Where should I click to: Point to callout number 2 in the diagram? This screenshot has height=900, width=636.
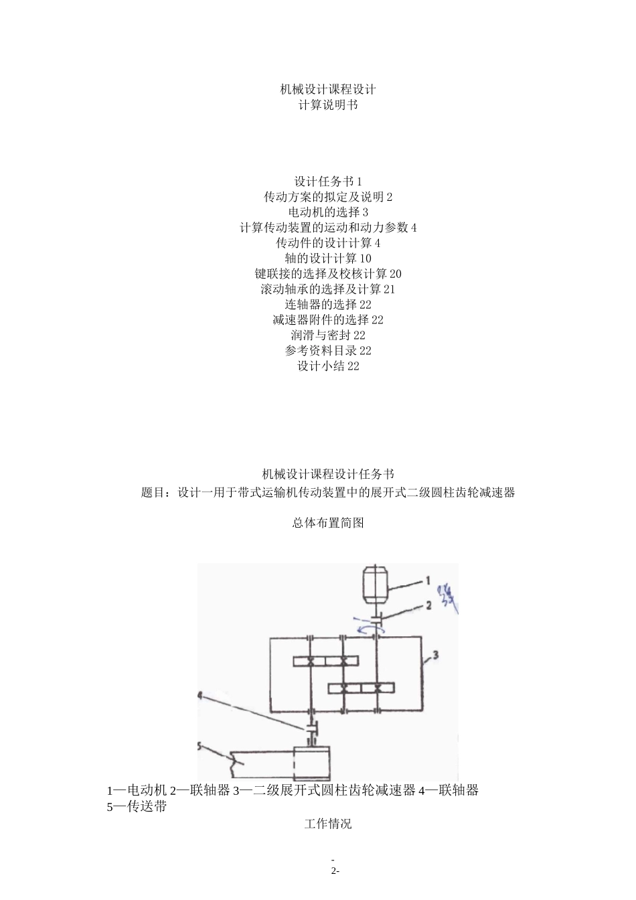[429, 606]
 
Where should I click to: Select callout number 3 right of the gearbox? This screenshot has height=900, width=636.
[434, 656]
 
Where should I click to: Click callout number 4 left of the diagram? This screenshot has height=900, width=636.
[200, 695]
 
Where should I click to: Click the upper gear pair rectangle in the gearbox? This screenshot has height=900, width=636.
[327, 662]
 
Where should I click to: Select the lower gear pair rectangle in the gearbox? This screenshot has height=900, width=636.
[361, 688]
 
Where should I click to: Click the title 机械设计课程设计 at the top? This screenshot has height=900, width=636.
[327, 89]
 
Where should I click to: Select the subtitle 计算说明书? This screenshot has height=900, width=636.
[327, 105]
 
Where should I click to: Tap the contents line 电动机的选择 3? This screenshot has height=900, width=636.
[327, 212]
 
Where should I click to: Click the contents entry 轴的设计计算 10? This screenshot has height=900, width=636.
[327, 258]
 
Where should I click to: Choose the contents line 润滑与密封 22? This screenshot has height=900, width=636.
[327, 335]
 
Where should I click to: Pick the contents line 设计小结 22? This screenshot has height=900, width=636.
[327, 366]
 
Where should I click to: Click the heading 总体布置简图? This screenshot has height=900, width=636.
[327, 523]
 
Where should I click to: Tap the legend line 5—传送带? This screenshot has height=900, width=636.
[137, 807]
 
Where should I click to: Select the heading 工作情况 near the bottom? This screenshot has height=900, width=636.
[327, 824]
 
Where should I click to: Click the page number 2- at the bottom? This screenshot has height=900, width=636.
[333, 871]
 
